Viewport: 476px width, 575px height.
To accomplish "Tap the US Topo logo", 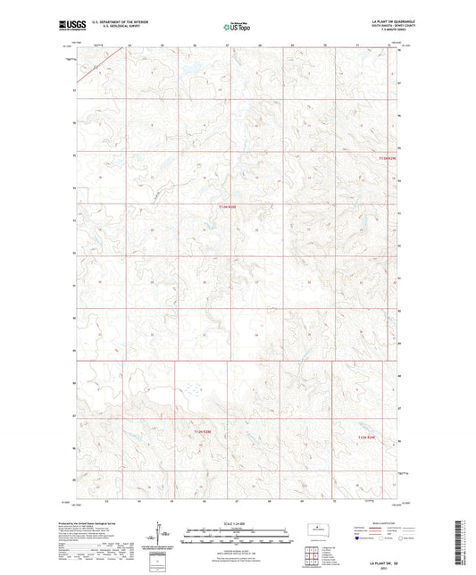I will pyautogui.click(x=238, y=27).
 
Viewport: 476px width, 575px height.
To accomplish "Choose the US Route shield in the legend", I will pyautogui.click(x=384, y=539).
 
